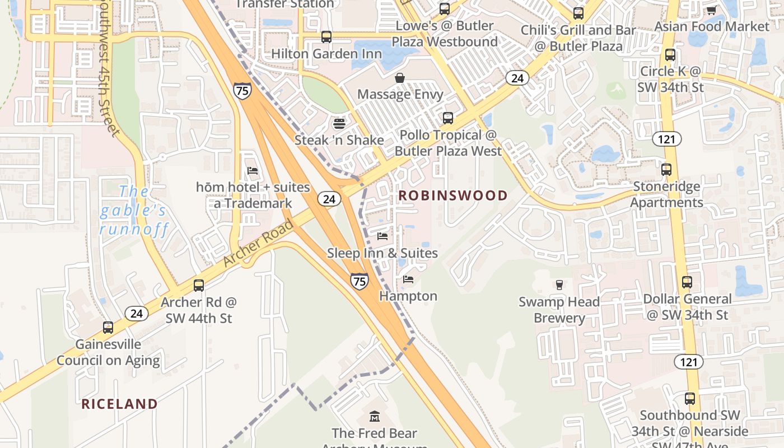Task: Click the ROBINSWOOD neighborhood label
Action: pos(452,195)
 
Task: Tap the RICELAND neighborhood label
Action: pos(119,404)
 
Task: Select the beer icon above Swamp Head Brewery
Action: pos(559,285)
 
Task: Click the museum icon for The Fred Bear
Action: pos(375,417)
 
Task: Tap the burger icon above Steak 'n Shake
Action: pos(339,123)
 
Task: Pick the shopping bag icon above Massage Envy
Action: pos(400,77)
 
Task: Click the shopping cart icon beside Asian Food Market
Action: pos(711,10)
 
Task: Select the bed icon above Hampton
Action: pos(408,279)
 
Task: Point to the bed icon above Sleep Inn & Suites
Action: pos(382,236)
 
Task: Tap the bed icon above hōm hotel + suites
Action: pos(253,170)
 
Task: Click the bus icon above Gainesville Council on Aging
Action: pos(108,327)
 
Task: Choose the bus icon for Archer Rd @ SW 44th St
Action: pos(199,285)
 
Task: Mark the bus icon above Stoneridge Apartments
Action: pos(666,169)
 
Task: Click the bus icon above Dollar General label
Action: pos(687,282)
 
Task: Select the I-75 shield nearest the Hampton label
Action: pos(360,281)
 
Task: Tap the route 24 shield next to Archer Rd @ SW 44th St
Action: pos(137,313)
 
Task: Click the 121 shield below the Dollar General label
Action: pos(688,362)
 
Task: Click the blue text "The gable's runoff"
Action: pos(133,211)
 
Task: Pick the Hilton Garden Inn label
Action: pos(326,54)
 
